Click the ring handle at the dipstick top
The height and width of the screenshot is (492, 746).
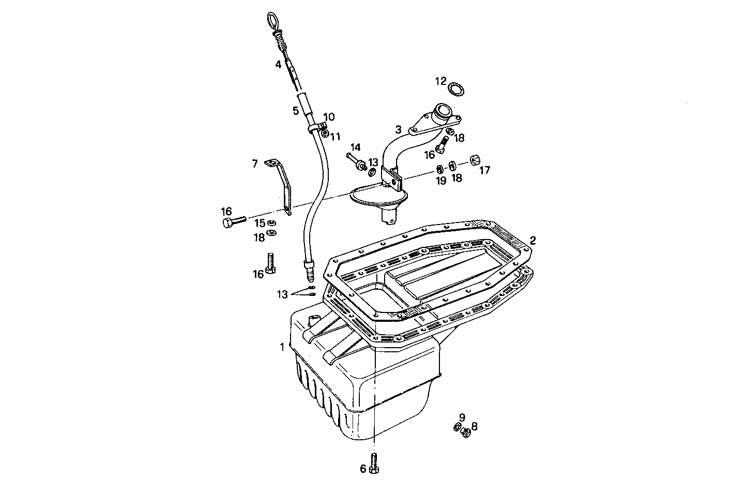pos(272,21)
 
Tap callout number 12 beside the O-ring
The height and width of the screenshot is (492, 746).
pos(440,81)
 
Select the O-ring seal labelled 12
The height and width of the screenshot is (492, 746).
pos(456,90)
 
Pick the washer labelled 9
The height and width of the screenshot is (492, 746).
pos(457,426)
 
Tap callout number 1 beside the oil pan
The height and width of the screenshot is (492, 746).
pos(282,347)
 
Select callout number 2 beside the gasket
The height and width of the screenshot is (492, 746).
pos(532,240)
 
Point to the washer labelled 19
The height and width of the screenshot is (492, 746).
pos(439,169)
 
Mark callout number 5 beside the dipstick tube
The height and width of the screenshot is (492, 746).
pos(295,111)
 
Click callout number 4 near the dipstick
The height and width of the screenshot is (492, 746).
pos(278,65)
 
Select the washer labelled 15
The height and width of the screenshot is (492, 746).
pos(272,223)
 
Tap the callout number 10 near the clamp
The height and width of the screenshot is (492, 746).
pos(329,117)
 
